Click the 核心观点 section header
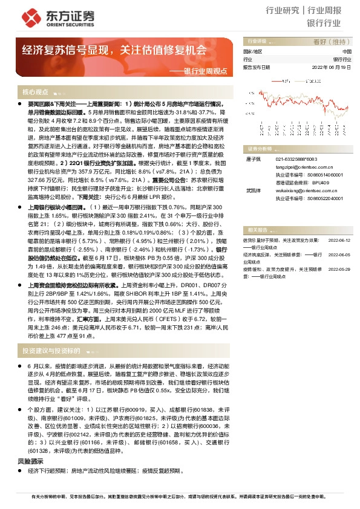point(35,92)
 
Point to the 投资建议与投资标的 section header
point(51,351)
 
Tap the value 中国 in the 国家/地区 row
point(347,52)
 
